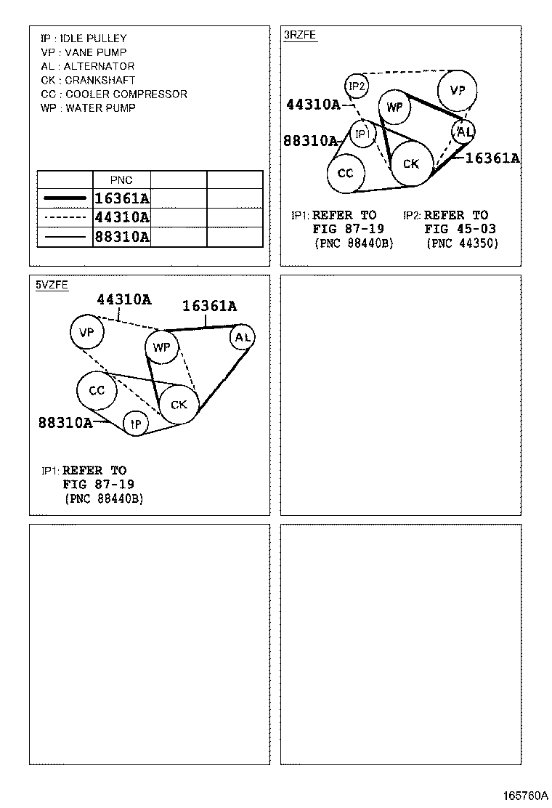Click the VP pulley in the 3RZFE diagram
(x=458, y=91)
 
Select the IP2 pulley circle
(x=357, y=86)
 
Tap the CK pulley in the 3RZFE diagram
(x=411, y=164)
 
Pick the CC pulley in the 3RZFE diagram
(x=346, y=173)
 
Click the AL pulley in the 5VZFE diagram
(x=243, y=337)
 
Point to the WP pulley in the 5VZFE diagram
(x=161, y=347)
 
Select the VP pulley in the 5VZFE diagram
(x=86, y=333)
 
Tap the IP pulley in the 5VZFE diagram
(x=136, y=423)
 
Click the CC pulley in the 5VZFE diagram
(x=97, y=391)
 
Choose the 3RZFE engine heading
(x=300, y=34)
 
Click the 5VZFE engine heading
(x=52, y=285)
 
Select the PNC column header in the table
(x=121, y=179)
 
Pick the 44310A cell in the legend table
(x=122, y=217)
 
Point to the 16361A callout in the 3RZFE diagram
(x=492, y=158)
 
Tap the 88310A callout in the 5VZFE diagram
(x=65, y=422)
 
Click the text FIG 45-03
(x=460, y=229)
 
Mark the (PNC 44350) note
(x=463, y=243)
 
